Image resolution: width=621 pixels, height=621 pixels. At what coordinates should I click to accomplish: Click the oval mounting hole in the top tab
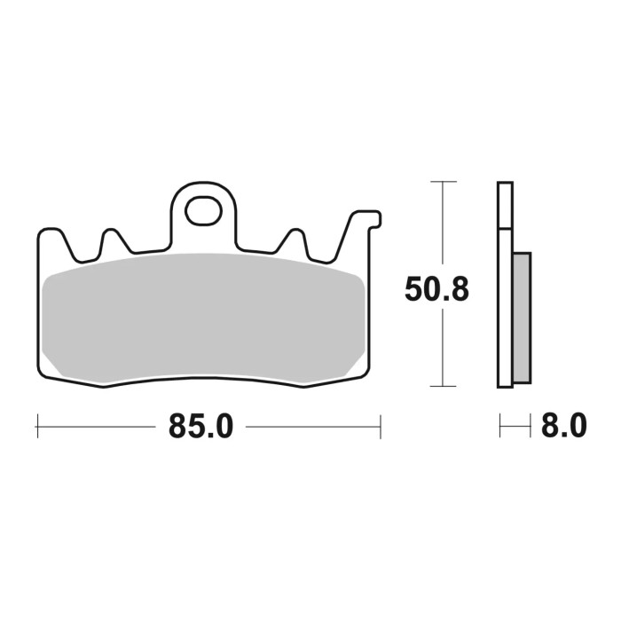click(205, 210)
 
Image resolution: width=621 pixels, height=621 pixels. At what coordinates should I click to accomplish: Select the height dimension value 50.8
click(436, 290)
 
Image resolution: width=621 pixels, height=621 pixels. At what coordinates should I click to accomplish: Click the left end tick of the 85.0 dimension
click(37, 426)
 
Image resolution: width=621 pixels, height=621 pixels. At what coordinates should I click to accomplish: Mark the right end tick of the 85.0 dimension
click(380, 426)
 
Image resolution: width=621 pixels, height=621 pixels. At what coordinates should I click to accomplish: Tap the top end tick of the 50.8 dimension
click(443, 182)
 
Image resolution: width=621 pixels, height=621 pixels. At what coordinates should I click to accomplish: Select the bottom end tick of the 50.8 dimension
click(443, 387)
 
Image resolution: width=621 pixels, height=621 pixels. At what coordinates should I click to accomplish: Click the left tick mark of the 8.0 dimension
click(500, 427)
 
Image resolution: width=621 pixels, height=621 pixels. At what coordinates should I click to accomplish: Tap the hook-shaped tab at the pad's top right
click(366, 220)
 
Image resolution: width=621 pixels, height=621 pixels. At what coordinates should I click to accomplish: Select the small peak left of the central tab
click(112, 238)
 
